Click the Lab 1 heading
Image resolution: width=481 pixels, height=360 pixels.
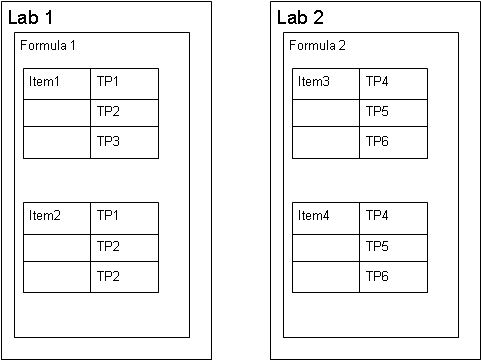30,17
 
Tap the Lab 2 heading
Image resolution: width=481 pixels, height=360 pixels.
300,17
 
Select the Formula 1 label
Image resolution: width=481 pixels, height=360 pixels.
48,45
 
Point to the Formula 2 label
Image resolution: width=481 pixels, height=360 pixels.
317,45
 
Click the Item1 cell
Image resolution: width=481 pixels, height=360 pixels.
57,84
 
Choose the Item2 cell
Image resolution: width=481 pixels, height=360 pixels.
57,218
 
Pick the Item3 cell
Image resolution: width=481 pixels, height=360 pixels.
326,84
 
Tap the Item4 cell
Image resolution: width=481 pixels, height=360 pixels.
326,218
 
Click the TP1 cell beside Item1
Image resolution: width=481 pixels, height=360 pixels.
125,84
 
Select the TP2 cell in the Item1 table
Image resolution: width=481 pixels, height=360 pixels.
125,113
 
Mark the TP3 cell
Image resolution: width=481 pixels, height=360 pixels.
125,142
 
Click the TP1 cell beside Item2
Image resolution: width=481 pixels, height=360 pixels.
125,218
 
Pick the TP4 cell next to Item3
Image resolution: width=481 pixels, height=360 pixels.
394,84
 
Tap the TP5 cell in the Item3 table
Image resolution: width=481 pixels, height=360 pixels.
394,113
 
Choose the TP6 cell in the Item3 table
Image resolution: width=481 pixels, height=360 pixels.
394,142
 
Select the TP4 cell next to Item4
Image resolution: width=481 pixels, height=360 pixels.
394,218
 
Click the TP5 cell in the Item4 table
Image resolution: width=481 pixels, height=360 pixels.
394,248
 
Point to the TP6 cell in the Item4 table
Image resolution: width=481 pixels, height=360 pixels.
394,277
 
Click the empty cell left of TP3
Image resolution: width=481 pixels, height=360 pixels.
57,142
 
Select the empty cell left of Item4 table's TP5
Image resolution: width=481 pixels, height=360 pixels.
326,248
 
